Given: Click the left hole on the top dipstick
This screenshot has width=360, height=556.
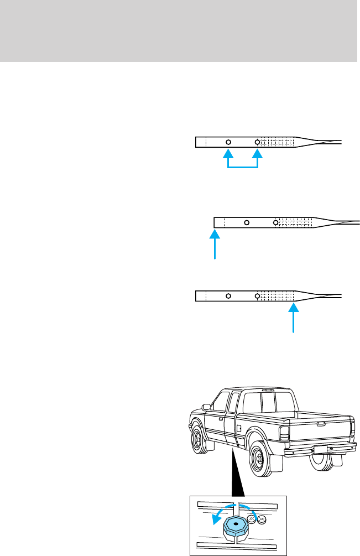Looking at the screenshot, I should (x=228, y=142).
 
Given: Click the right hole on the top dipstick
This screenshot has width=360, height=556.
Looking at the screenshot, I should (x=257, y=142).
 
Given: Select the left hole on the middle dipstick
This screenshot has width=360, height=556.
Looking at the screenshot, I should (x=247, y=222).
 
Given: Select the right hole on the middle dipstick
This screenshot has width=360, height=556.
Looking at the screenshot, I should (x=275, y=222).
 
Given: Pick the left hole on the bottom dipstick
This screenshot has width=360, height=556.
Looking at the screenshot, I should (x=228, y=296).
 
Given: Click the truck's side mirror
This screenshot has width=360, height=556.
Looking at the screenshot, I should (x=206, y=408).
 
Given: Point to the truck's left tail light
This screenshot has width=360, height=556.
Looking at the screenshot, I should (x=284, y=433).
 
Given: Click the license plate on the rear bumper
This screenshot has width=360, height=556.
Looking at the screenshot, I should (x=320, y=449).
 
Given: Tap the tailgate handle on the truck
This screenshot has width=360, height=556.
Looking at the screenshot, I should (x=321, y=424).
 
